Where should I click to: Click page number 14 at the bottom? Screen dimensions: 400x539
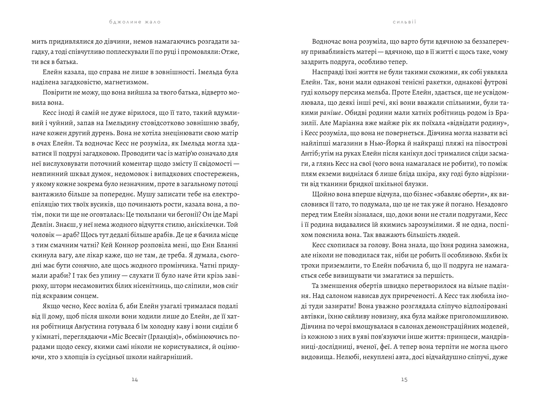tap(135, 379)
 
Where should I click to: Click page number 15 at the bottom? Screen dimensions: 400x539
tap(404, 379)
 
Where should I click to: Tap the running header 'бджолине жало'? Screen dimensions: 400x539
tap(135, 22)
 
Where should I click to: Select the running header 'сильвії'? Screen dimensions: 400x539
tap(405, 22)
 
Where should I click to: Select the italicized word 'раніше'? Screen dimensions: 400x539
tap(330, 113)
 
